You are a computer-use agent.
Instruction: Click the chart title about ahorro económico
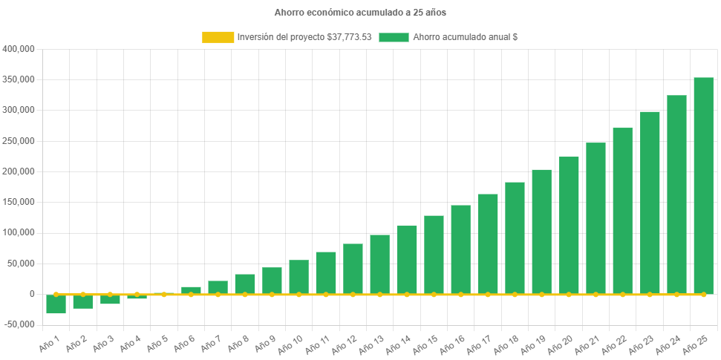pyautogui.click(x=360, y=13)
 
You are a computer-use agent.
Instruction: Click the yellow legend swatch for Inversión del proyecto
pyautogui.click(x=218, y=37)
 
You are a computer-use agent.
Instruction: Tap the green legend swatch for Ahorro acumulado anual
pyautogui.click(x=394, y=37)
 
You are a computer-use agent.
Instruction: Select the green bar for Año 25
pyautogui.click(x=703, y=186)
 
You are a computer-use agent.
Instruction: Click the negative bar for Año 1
pyautogui.click(x=56, y=304)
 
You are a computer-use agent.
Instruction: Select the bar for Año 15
pyautogui.click(x=434, y=255)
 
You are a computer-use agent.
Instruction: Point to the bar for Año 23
pyautogui.click(x=650, y=203)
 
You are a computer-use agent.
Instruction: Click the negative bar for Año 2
pyautogui.click(x=82, y=301)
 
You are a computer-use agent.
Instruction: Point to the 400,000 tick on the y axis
pyautogui.click(x=19, y=49)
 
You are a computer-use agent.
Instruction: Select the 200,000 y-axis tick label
pyautogui.click(x=19, y=171)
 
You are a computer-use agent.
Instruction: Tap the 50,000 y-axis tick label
pyautogui.click(x=22, y=264)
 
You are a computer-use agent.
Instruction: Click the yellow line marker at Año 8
pyautogui.click(x=245, y=295)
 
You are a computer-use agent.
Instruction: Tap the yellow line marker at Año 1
pyautogui.click(x=56, y=295)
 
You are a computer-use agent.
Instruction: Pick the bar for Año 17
pyautogui.click(x=488, y=244)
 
